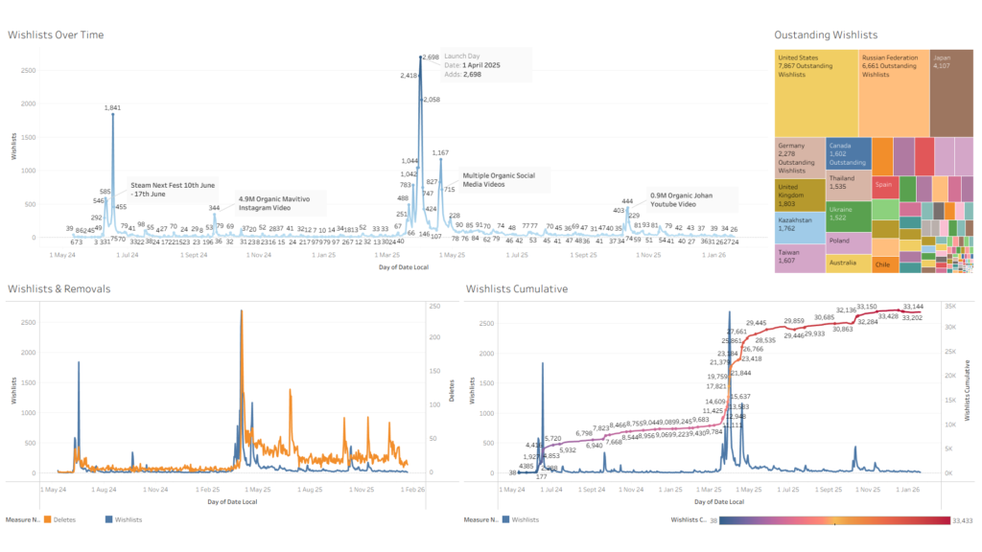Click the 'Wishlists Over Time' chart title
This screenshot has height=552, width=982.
(56, 35)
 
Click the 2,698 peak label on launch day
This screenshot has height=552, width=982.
(431, 57)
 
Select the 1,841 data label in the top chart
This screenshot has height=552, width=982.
(113, 107)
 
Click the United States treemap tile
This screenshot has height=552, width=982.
(815, 92)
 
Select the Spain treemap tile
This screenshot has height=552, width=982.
(883, 184)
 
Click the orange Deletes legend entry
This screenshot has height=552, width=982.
(60, 519)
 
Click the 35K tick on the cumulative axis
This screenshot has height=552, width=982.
(950, 306)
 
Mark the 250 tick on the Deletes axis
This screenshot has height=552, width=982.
(435, 306)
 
